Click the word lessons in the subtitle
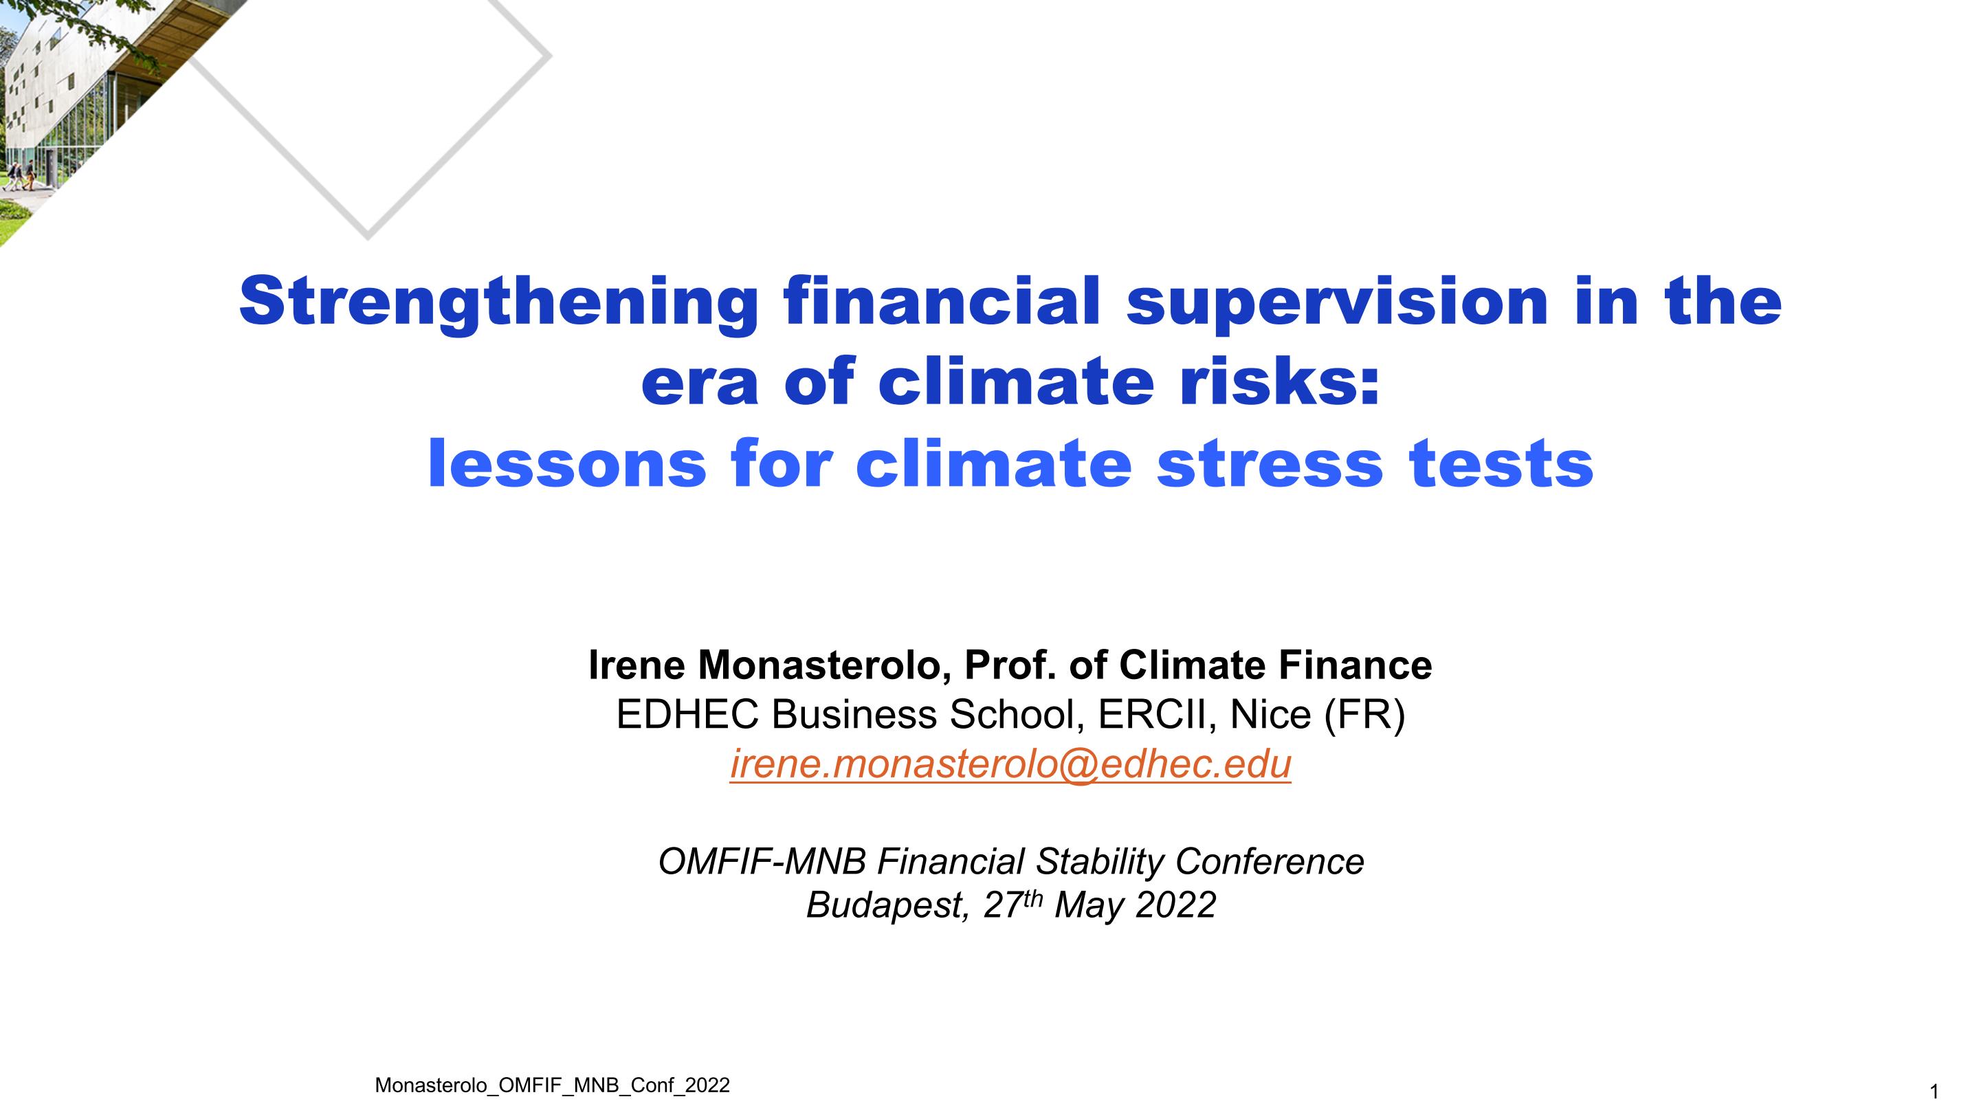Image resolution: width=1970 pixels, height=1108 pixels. click(x=566, y=464)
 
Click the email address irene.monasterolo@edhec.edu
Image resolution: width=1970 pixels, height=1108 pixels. click(x=1010, y=764)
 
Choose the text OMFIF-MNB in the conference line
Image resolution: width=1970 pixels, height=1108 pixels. click(x=762, y=862)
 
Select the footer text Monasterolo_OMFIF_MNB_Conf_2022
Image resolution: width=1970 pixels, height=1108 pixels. click(x=552, y=1086)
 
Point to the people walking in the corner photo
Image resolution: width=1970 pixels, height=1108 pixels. click(x=19, y=175)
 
